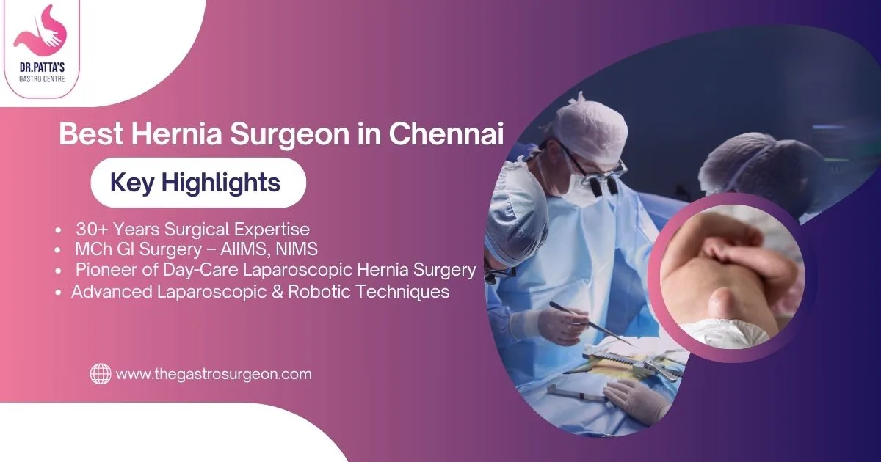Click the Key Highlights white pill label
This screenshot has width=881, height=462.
click(197, 183)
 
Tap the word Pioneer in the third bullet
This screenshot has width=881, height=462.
click(104, 271)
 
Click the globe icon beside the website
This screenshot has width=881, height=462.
click(101, 374)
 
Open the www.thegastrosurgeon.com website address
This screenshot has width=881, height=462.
click(214, 374)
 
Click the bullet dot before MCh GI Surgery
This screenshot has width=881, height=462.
click(59, 250)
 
